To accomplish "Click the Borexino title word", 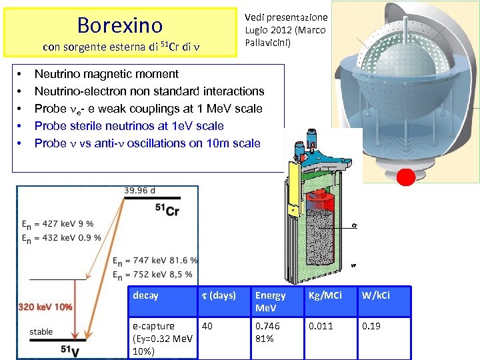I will [x=120, y=25].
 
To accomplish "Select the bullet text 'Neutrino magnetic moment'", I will [x=107, y=74].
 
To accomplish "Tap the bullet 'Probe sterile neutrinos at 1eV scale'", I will [x=129, y=126].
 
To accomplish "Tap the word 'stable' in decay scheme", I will [x=41, y=331].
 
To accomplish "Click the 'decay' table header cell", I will [x=146, y=295].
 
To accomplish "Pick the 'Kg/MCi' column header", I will [x=325, y=295].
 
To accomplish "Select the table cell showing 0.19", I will [x=371, y=326].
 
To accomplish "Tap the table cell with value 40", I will [x=208, y=326].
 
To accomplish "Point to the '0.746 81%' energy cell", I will [x=267, y=332].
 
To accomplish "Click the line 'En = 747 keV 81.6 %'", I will [x=155, y=261].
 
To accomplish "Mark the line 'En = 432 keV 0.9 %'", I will [x=61, y=237].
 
